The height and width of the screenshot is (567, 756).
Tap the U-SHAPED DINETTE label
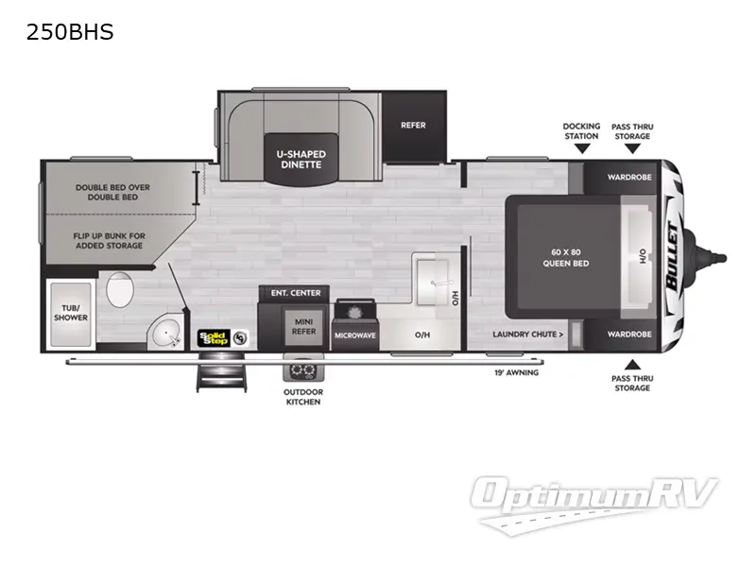300,158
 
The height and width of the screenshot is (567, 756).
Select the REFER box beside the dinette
413,125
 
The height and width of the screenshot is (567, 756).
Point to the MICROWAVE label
354,335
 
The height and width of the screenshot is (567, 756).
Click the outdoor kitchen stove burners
303,370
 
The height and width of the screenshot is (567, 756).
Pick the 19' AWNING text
515,372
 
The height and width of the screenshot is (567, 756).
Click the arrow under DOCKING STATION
582,148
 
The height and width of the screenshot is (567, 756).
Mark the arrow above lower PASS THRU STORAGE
631,364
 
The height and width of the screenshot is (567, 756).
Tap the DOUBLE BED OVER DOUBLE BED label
112,192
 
